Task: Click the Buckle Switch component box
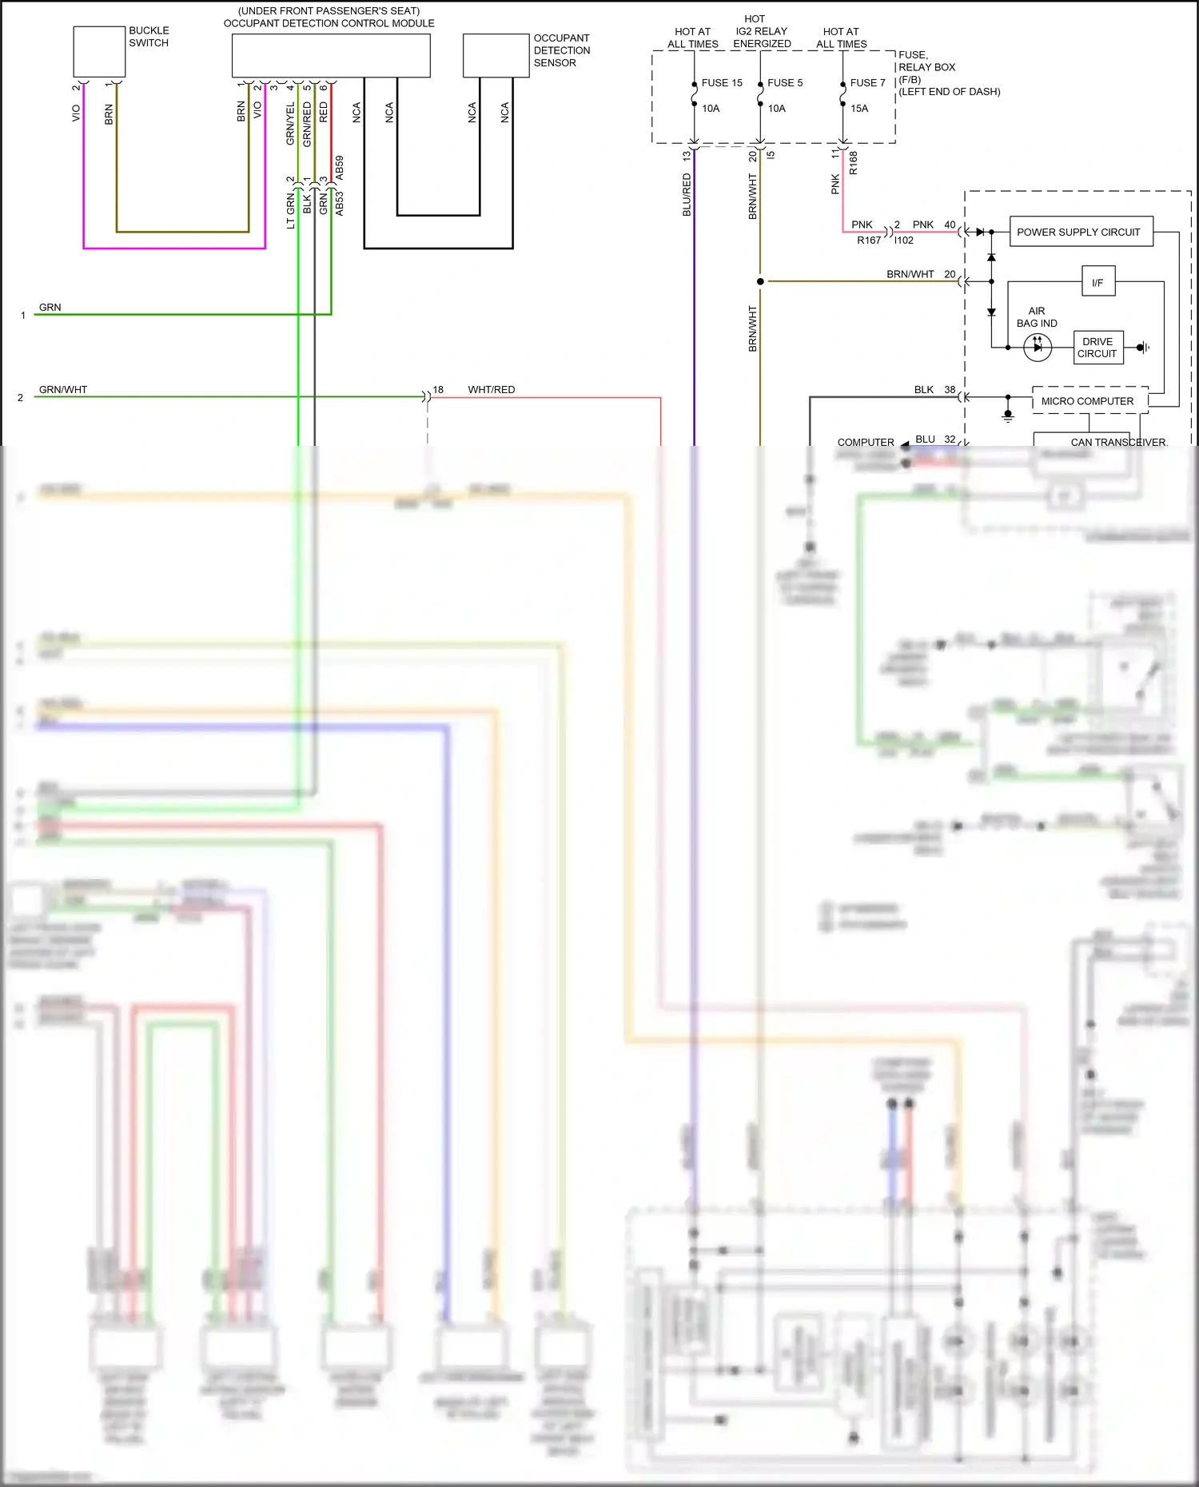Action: click(99, 52)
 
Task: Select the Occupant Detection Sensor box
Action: click(496, 55)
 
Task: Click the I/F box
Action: click(1097, 282)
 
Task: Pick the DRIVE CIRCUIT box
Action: click(1097, 348)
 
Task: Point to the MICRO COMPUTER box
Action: click(1089, 401)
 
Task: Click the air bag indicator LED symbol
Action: click(1037, 347)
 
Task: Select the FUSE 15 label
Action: click(721, 83)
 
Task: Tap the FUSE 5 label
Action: click(784, 83)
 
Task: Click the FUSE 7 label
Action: click(867, 83)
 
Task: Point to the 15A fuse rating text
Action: click(858, 109)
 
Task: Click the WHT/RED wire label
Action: click(491, 390)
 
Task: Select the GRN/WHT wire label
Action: click(62, 390)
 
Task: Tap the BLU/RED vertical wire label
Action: click(687, 195)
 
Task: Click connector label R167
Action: click(868, 241)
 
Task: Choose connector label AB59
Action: click(340, 167)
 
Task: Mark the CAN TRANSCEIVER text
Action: click(1118, 442)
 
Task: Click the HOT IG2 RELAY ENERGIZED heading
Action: click(761, 31)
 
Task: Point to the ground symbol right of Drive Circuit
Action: click(1144, 347)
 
